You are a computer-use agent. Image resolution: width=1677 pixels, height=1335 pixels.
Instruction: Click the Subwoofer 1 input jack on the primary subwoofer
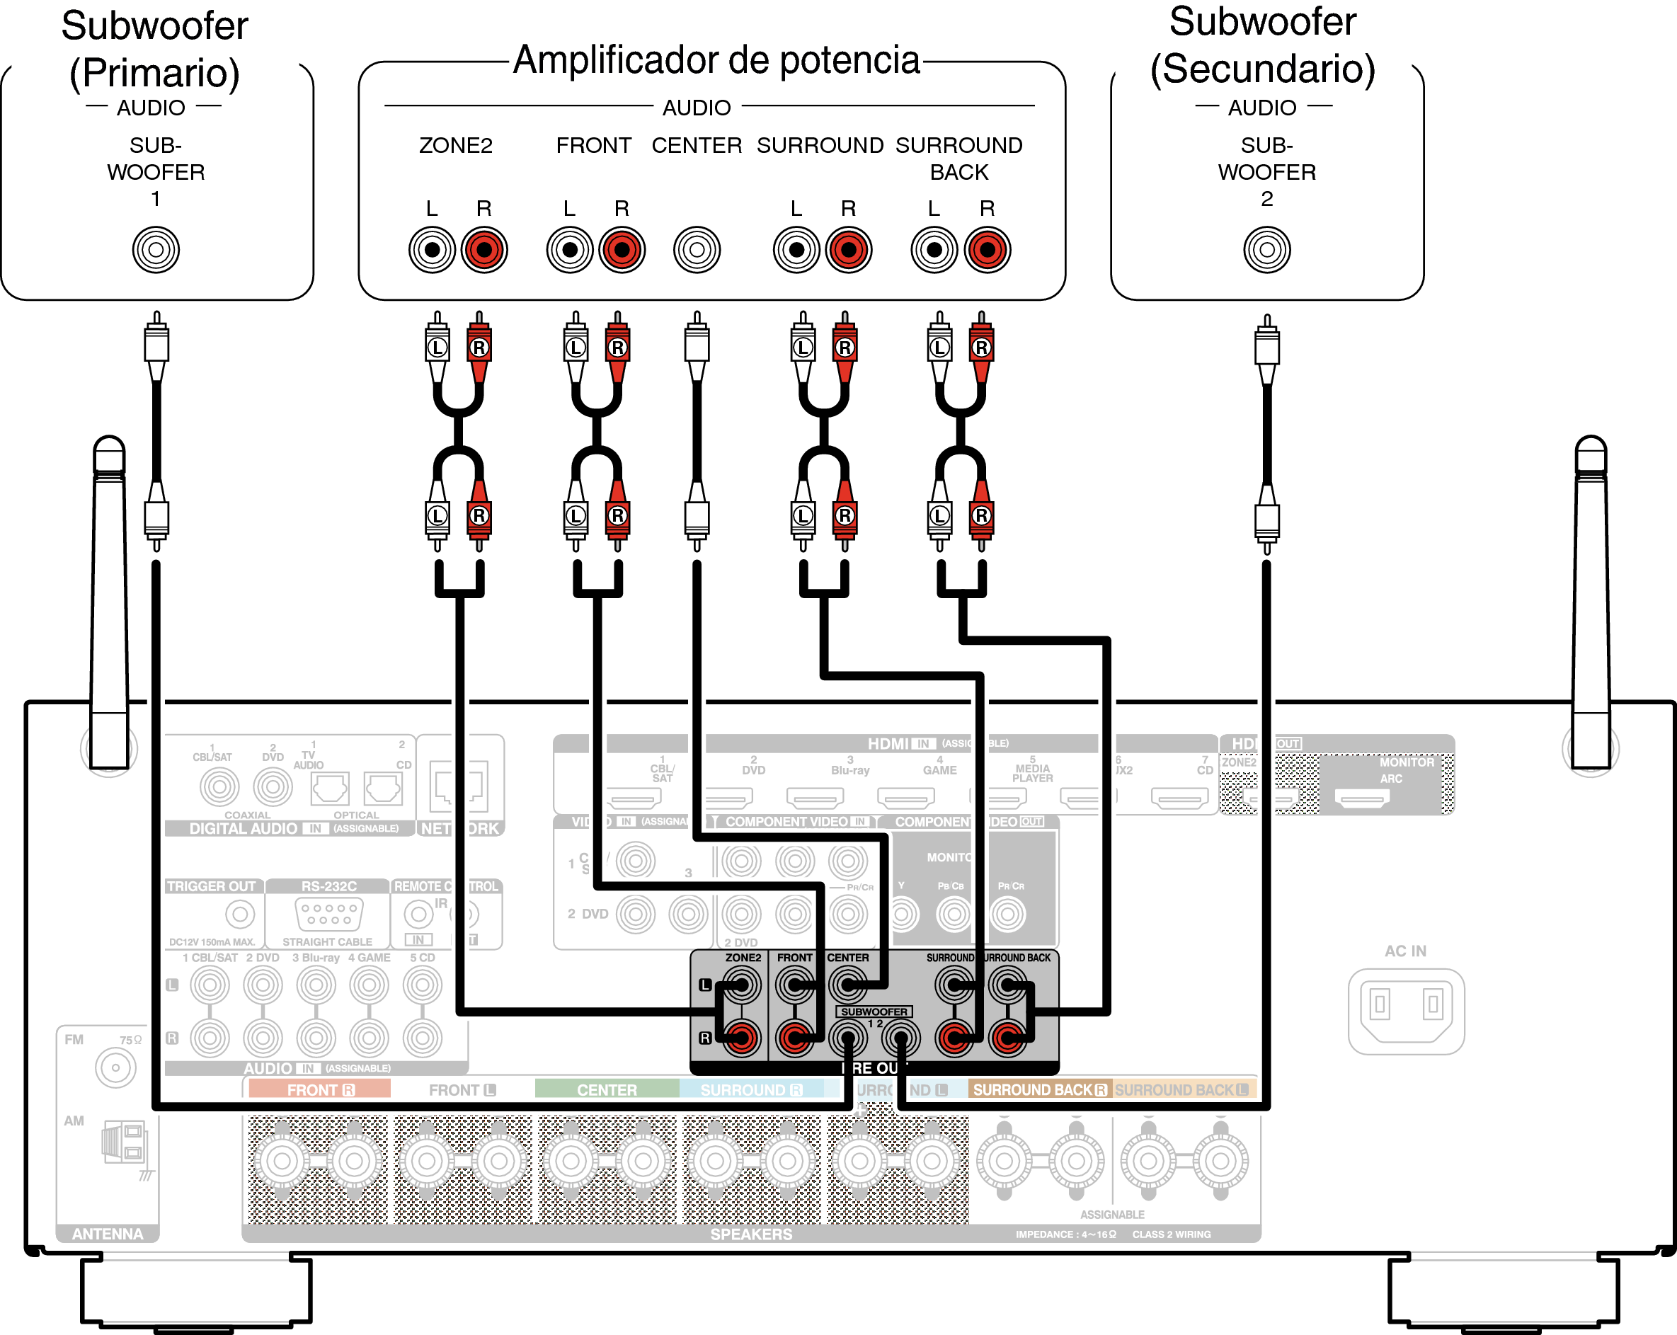(156, 250)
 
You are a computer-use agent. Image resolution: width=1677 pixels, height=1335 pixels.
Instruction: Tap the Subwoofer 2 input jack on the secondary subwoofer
(1266, 250)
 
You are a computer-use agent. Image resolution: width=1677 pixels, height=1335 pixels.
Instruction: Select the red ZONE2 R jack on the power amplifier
(483, 250)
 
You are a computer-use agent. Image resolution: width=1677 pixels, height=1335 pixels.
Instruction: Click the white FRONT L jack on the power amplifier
(569, 250)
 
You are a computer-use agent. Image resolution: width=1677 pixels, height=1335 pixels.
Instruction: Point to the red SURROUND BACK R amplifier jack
(987, 250)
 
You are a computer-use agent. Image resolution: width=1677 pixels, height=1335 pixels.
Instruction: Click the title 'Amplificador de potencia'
(716, 60)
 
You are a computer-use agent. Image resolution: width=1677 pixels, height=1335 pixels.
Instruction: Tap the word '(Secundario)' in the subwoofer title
(1262, 69)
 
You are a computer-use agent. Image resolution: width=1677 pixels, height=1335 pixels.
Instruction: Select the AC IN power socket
(1406, 1010)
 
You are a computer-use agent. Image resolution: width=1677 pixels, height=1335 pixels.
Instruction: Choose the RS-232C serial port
(328, 913)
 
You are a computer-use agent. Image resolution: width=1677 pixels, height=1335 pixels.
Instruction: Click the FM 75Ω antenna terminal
(115, 1067)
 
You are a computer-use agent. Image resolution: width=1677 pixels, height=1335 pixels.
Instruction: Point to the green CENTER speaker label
(607, 1090)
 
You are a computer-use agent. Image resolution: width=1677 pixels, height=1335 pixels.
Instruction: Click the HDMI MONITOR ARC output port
(1361, 798)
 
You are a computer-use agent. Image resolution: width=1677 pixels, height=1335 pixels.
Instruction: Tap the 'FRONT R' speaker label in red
(320, 1090)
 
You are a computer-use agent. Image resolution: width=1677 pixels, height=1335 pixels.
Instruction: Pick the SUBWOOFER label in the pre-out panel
(874, 1012)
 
